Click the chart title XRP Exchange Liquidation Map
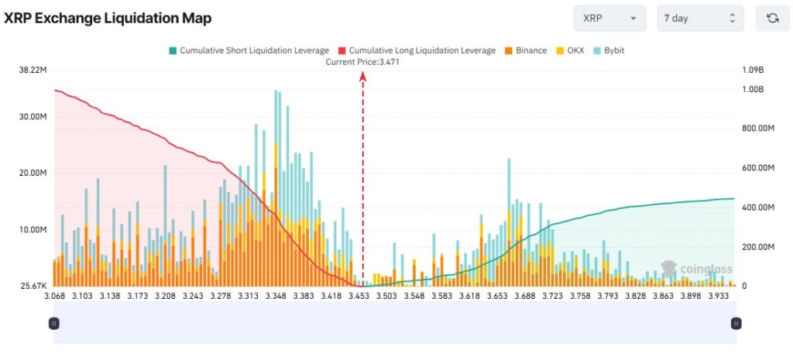(108, 18)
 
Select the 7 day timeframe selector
(700, 18)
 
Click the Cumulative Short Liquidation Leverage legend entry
(248, 50)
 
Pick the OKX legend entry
(572, 50)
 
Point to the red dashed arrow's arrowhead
(362, 74)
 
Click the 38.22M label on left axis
(33, 70)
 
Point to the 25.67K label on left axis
(33, 286)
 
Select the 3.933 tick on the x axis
(710, 297)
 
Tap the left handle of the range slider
(53, 323)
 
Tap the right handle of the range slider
(736, 323)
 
